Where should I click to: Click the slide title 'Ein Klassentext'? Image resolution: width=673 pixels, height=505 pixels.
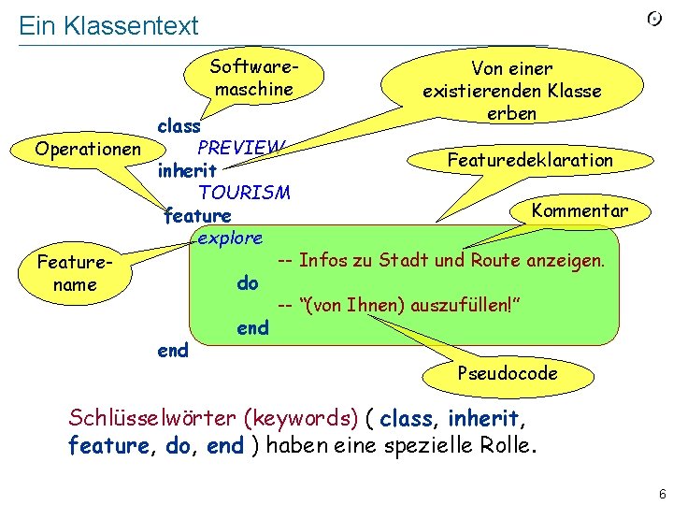[108, 25]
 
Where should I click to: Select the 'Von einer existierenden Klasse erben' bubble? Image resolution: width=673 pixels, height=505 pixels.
[511, 91]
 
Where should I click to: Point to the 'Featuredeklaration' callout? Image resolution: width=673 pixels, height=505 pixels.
[529, 160]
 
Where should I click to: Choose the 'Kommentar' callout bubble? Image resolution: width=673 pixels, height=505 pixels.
[579, 210]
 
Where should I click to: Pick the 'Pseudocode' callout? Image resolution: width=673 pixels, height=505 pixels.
[508, 373]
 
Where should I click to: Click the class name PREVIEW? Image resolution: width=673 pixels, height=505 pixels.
[239, 148]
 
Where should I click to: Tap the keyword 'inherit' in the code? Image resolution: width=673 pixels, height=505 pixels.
[188, 171]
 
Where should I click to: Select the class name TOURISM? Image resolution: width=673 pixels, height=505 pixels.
[244, 193]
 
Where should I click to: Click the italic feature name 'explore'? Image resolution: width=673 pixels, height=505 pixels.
[230, 238]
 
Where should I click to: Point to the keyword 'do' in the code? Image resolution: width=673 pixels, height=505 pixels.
[248, 282]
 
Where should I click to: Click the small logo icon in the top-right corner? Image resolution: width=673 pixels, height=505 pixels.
[655, 20]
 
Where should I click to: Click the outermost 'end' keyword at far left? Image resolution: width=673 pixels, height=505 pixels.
[173, 351]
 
